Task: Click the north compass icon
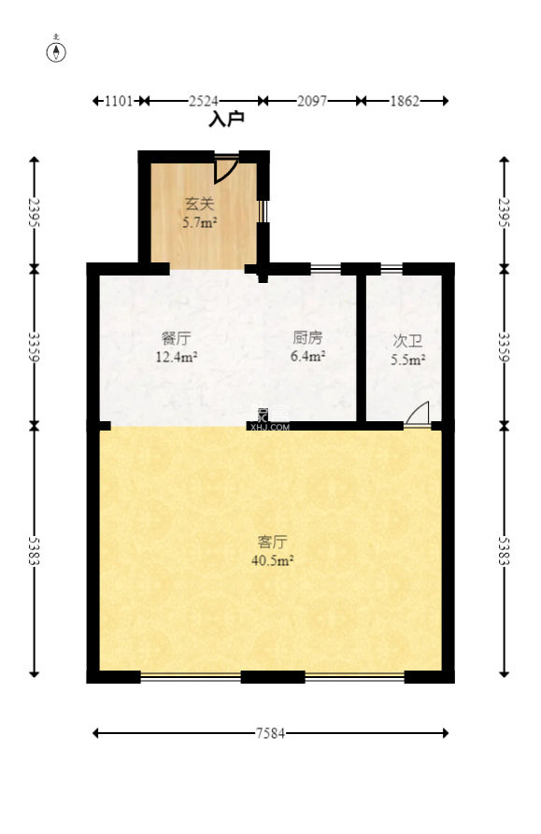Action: click(57, 51)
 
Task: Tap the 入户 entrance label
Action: click(226, 120)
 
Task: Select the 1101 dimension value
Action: click(119, 100)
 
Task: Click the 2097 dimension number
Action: click(311, 100)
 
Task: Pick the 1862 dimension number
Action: click(404, 100)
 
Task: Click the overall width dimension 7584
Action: click(271, 733)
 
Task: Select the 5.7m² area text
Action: click(199, 223)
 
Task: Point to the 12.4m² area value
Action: click(176, 356)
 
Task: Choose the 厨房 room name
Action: click(307, 337)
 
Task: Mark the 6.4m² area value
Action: click(307, 356)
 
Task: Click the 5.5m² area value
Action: click(408, 360)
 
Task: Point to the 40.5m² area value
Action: click(272, 560)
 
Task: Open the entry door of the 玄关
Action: click(225, 170)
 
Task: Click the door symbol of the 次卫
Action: click(418, 415)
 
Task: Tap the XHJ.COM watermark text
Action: click(270, 427)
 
